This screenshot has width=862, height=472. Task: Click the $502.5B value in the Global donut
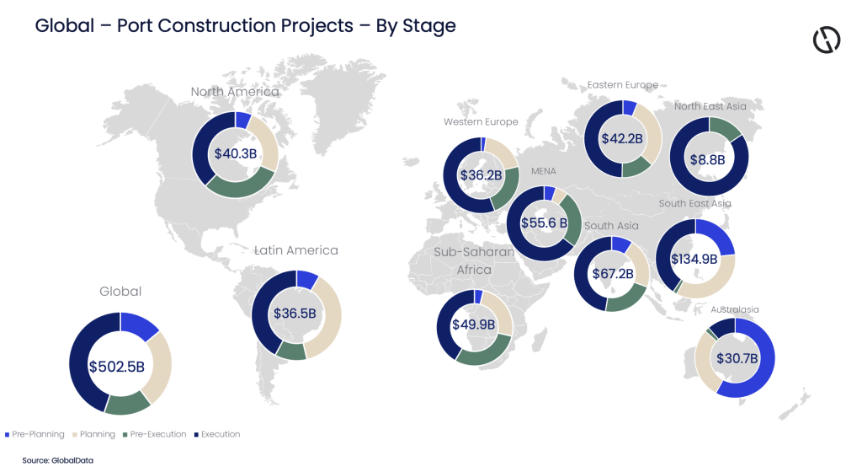click(120, 367)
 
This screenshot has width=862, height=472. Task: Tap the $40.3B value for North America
click(235, 154)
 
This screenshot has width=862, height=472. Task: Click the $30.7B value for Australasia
click(737, 358)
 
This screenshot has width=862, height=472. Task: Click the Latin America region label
click(296, 250)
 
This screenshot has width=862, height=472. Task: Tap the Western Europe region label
click(481, 122)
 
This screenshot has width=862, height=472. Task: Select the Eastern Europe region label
click(623, 84)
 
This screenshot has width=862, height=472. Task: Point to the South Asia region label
click(611, 226)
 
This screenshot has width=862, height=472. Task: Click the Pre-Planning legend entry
click(35, 434)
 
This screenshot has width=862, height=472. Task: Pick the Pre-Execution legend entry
click(156, 434)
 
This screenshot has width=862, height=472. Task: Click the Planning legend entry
click(95, 434)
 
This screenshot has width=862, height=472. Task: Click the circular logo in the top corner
click(827, 40)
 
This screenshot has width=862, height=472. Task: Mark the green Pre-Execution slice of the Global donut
click(127, 404)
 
